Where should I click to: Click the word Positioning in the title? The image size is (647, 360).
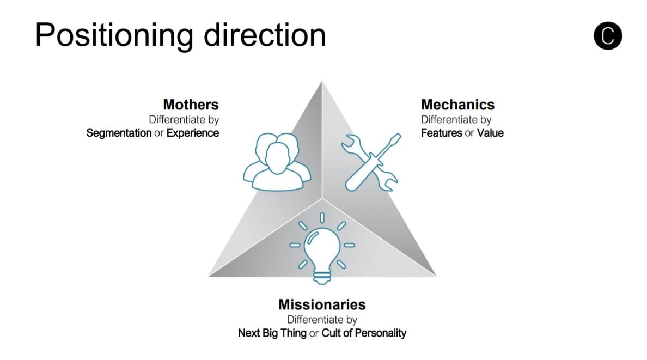click(x=114, y=36)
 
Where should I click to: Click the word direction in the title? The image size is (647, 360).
click(x=265, y=35)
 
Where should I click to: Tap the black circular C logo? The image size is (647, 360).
click(x=608, y=36)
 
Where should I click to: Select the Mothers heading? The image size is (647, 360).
click(x=191, y=105)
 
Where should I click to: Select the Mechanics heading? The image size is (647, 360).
click(x=457, y=105)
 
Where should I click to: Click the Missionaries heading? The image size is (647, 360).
click(x=322, y=304)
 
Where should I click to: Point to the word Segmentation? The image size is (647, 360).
click(x=119, y=133)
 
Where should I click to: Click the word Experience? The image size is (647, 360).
click(x=193, y=133)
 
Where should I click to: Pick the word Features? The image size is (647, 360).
click(x=442, y=133)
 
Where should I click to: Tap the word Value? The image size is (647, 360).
click(x=490, y=133)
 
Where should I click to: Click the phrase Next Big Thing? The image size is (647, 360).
click(x=272, y=333)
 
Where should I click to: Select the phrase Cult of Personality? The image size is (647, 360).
click(x=364, y=333)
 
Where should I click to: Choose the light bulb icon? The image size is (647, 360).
click(x=322, y=248)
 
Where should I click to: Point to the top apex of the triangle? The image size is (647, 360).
click(x=322, y=81)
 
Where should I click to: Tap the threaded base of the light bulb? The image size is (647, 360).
click(x=322, y=277)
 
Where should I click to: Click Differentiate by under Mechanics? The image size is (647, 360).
click(x=456, y=119)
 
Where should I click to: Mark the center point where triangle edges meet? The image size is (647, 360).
click(x=322, y=199)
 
